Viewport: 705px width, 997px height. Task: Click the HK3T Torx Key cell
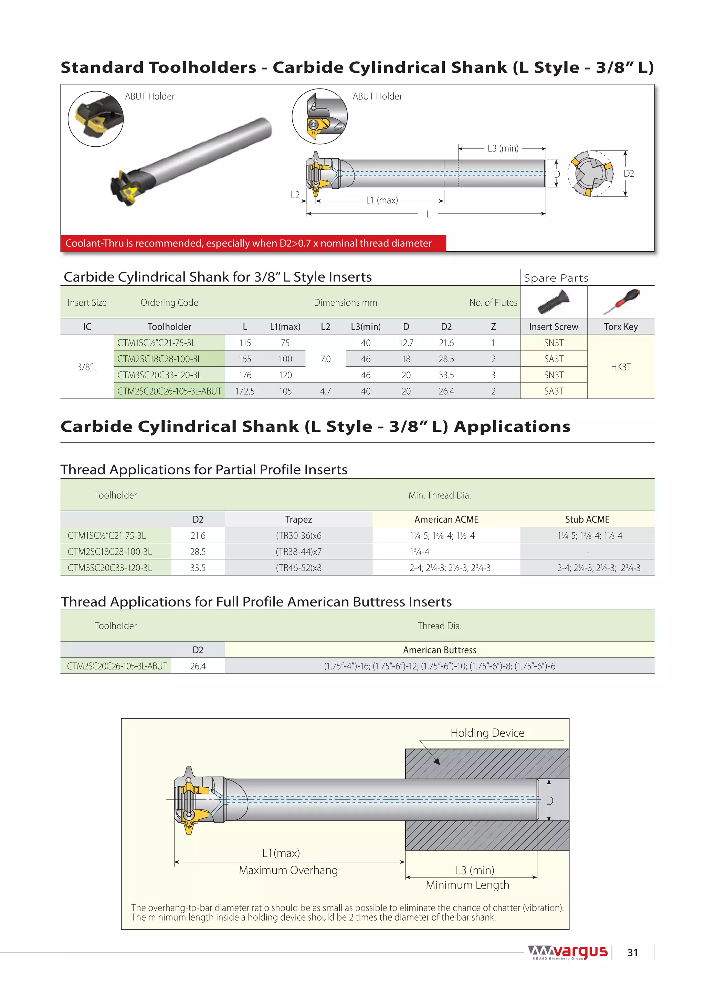click(x=620, y=367)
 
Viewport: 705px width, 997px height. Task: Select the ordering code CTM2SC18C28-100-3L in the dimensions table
click(x=159, y=359)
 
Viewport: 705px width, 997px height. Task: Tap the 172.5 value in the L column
click(x=245, y=391)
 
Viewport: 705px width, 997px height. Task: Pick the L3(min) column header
click(x=366, y=327)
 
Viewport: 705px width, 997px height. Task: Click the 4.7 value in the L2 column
click(x=325, y=391)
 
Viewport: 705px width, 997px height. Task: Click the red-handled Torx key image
click(x=621, y=301)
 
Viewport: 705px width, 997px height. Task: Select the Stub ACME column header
click(x=587, y=520)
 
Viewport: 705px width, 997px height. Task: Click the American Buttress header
click(x=439, y=650)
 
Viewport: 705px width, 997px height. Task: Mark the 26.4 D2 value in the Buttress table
click(x=198, y=666)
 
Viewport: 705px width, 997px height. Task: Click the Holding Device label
click(x=487, y=733)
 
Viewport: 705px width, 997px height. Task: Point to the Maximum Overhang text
click(x=288, y=870)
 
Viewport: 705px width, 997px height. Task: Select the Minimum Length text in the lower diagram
click(x=467, y=885)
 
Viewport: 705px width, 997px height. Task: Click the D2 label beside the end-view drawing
click(x=629, y=174)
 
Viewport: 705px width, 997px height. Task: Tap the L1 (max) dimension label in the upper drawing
click(x=381, y=200)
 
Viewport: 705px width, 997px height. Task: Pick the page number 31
click(x=632, y=953)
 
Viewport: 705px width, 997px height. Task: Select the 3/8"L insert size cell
click(x=87, y=367)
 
